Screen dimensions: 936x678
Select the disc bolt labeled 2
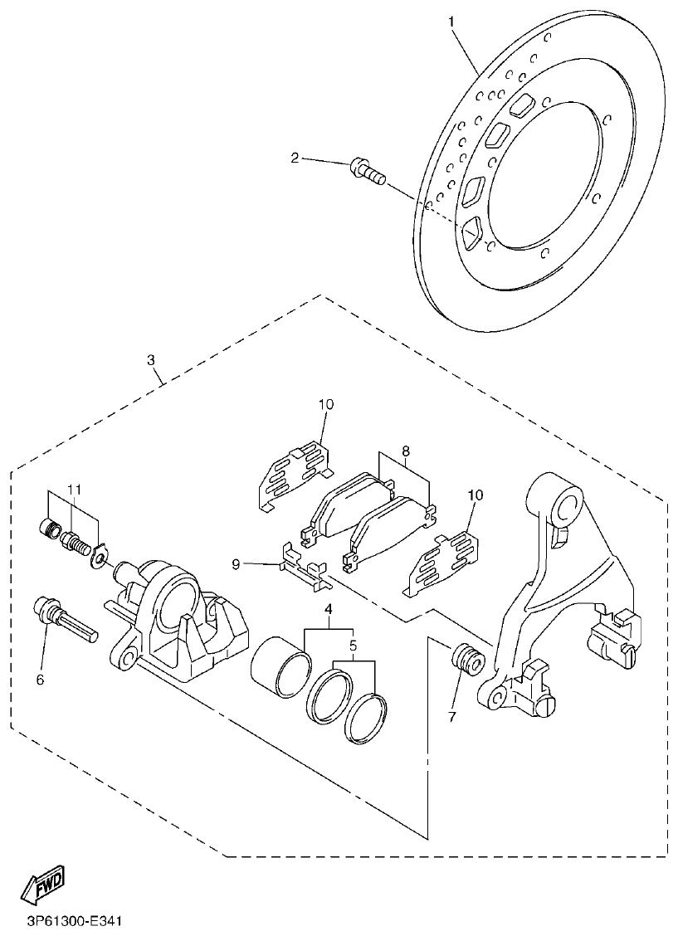pos(368,172)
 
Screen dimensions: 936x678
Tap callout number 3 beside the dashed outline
pos(150,360)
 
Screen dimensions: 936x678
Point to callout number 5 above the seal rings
pos(353,644)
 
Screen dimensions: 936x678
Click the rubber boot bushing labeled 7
pos(466,661)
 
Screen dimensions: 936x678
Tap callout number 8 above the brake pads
pos(405,452)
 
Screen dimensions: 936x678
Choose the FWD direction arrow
pos(41,886)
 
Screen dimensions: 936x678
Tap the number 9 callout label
pos(236,564)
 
